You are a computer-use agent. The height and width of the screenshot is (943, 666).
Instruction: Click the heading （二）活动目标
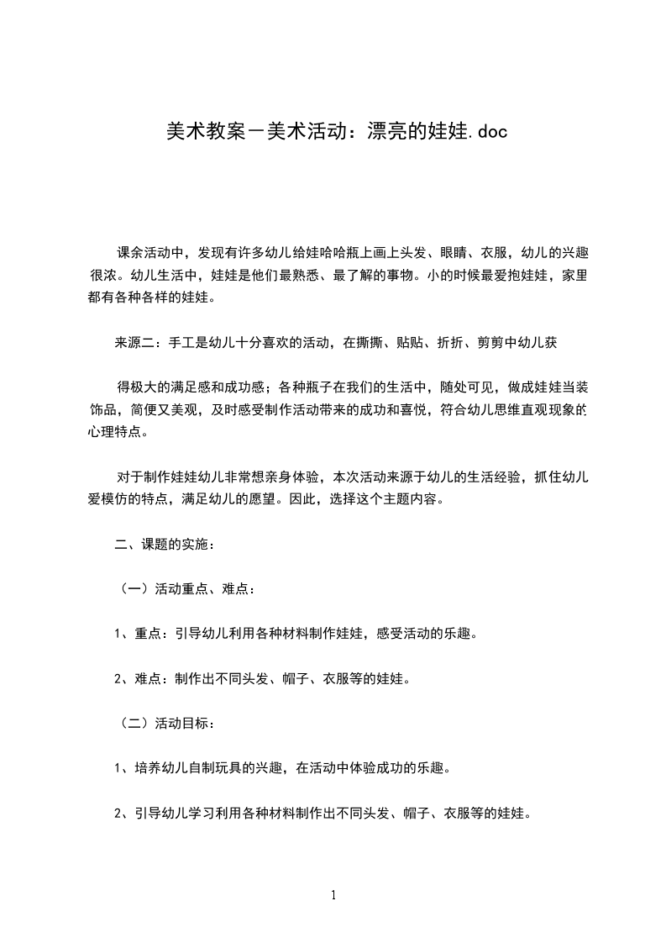tap(165, 722)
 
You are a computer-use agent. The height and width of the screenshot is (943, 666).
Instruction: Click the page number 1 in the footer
tap(333, 896)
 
